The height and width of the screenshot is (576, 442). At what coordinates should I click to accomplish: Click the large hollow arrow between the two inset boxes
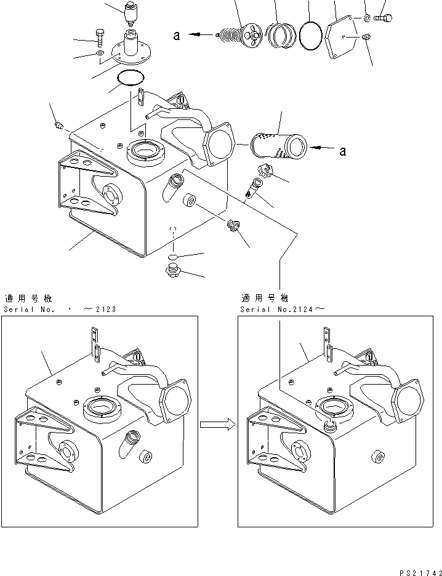point(217,423)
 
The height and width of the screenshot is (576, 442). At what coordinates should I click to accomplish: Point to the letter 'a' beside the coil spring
point(176,36)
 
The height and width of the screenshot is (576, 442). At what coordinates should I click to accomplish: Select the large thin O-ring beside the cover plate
point(311,36)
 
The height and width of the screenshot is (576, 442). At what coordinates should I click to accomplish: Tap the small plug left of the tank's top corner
point(60,126)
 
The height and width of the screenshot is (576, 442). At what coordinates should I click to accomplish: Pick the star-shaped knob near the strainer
point(260,174)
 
